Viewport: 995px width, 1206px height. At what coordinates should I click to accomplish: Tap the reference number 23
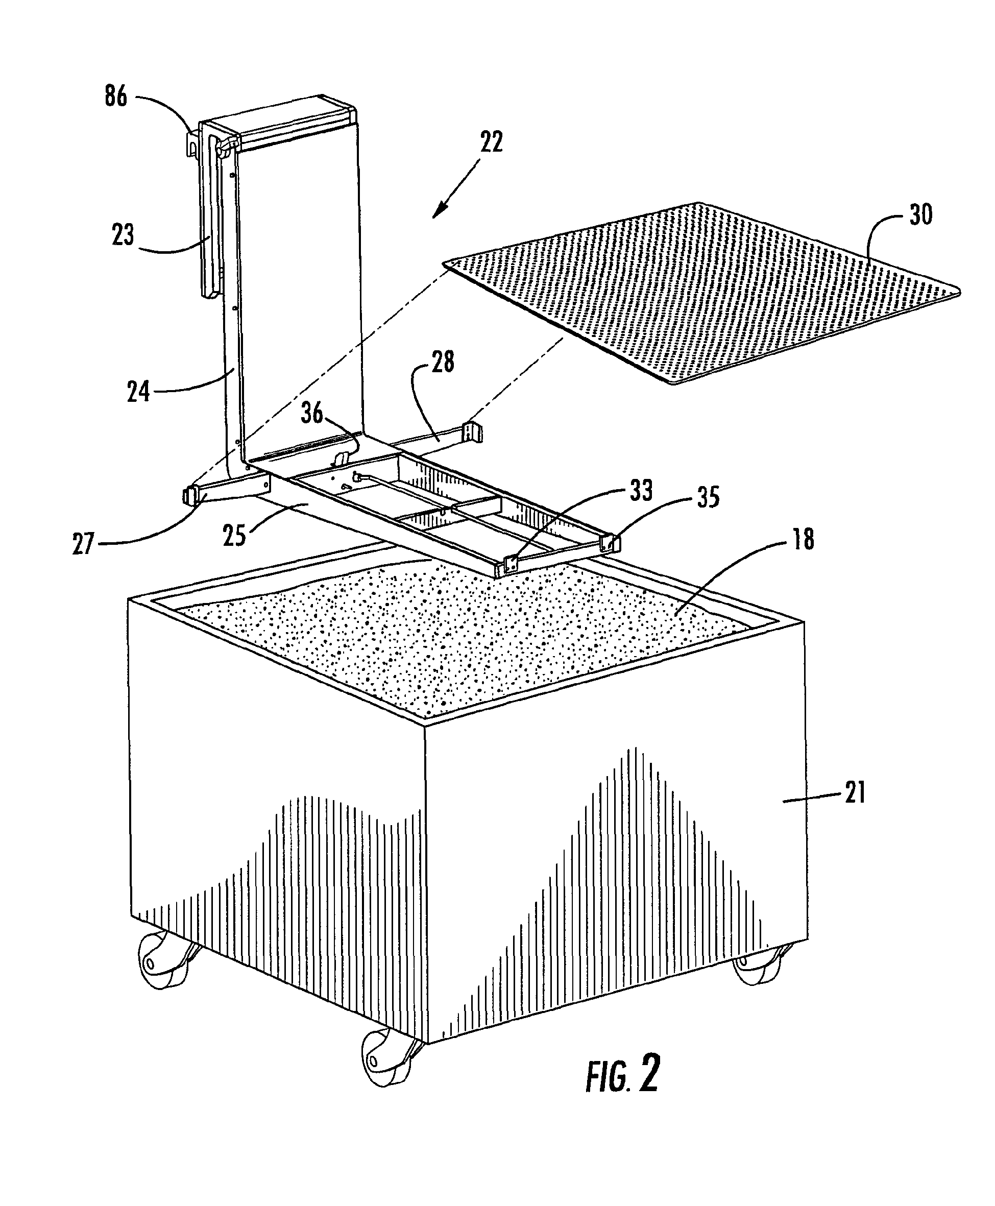[x=123, y=235]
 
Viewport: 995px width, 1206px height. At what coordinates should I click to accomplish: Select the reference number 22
[x=491, y=141]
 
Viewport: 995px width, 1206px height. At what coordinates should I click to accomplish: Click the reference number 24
[x=138, y=392]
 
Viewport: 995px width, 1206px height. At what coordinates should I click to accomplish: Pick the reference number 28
[x=443, y=362]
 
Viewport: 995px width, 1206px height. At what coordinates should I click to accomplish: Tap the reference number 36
[x=312, y=413]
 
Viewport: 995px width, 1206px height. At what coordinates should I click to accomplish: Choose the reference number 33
[x=641, y=491]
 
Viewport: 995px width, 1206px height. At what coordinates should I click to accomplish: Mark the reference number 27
[x=84, y=543]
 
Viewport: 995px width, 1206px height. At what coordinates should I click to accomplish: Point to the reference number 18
[x=803, y=539]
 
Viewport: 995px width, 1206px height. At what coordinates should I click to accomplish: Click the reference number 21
[x=854, y=794]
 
